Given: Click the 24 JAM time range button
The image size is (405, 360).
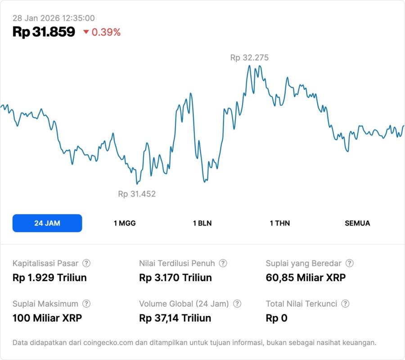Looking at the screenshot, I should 47,223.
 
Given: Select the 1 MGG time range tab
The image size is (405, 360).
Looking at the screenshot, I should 125,223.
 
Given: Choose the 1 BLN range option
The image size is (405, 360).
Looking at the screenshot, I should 202,223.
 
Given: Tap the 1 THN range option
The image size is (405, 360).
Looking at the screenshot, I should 280,223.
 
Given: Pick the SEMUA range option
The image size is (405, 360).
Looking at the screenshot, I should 357,223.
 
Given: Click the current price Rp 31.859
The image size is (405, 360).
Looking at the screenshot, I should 44,32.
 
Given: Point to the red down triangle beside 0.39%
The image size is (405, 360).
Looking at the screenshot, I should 86,32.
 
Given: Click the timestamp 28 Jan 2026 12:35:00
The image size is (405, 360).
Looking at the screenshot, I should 54,18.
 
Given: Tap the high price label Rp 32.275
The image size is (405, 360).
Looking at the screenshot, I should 249,58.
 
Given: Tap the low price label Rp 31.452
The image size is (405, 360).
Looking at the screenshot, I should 137,194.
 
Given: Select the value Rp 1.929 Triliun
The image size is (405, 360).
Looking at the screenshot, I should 49,278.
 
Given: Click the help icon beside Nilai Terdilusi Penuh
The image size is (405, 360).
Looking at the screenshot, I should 223,263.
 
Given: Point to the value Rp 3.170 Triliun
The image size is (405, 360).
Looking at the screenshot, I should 175,278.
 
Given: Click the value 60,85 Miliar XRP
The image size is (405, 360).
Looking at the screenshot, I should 306,278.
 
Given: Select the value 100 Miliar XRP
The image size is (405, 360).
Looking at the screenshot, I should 47,318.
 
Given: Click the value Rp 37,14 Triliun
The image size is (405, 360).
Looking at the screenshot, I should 175,318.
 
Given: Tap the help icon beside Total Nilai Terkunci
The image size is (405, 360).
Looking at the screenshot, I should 345,304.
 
